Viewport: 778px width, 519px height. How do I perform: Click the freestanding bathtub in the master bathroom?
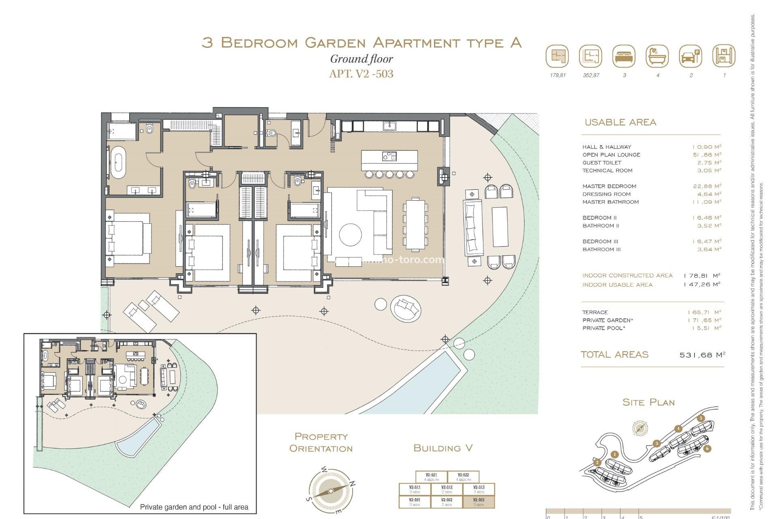click(x=118, y=163)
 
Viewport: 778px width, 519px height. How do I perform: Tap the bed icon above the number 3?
click(x=624, y=56)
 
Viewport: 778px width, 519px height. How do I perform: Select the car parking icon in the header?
click(x=690, y=56)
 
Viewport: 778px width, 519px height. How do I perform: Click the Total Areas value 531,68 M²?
click(x=702, y=355)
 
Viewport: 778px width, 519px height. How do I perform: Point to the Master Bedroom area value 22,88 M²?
click(x=707, y=186)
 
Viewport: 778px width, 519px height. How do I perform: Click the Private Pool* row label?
click(x=604, y=328)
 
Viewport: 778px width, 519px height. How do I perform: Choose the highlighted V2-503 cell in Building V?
click(x=479, y=502)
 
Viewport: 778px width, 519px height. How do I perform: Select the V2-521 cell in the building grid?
click(x=431, y=476)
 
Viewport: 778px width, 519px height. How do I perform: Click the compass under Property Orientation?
click(x=331, y=491)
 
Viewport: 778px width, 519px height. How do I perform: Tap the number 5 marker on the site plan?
click(x=701, y=418)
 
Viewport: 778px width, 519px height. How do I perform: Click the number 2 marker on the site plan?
click(x=597, y=462)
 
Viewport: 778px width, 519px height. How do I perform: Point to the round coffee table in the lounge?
click(x=351, y=235)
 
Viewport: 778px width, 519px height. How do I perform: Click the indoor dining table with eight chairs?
click(x=415, y=224)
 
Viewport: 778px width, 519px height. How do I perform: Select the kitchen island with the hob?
click(x=389, y=160)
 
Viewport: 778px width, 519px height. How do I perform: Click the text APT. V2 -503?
click(x=361, y=74)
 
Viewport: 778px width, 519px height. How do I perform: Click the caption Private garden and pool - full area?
click(x=194, y=507)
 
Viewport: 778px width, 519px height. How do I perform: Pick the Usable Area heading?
click(x=620, y=122)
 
